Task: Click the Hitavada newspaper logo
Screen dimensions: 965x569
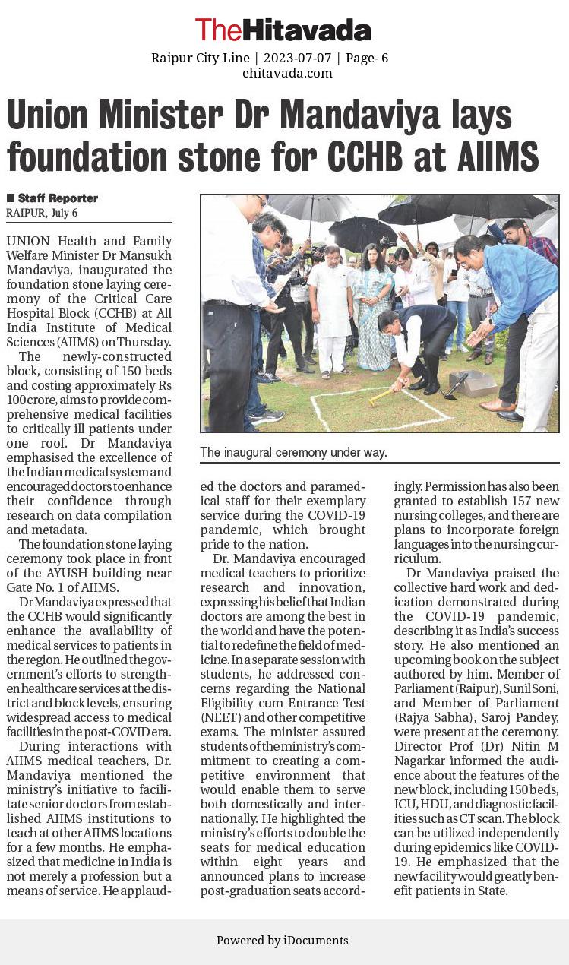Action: tap(283, 30)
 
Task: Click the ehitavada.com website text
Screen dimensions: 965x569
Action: tap(287, 73)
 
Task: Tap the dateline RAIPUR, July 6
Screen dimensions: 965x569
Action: tap(42, 213)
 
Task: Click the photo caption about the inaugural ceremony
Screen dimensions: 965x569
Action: tap(293, 452)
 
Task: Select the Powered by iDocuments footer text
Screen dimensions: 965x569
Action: tap(283, 941)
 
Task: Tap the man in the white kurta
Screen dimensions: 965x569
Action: tap(331, 312)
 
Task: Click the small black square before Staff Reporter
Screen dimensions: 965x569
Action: tap(11, 198)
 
